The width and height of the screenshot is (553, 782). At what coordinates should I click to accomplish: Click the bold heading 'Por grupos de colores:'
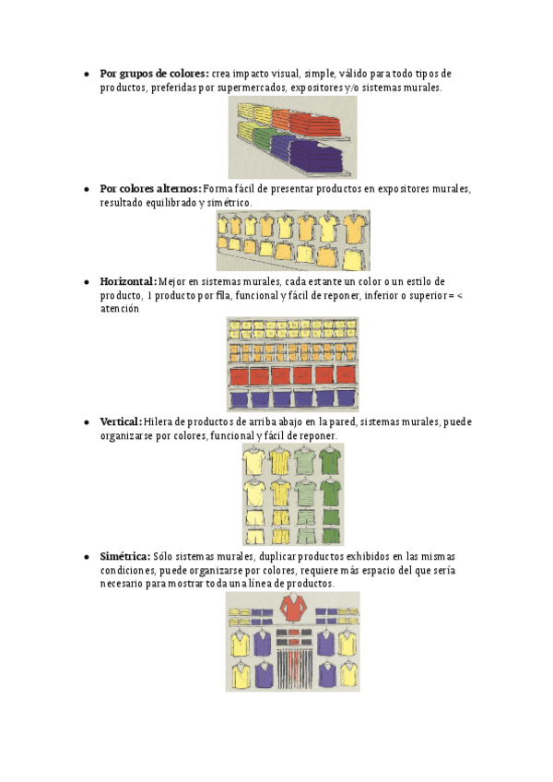coord(154,73)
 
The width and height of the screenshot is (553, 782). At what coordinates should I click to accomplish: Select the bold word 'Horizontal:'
coord(127,280)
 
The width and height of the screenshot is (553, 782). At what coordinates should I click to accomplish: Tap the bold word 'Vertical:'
coord(120,421)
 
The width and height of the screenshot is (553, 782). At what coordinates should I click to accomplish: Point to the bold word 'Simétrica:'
coord(124,557)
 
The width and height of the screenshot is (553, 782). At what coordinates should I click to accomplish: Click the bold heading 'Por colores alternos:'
coord(150,188)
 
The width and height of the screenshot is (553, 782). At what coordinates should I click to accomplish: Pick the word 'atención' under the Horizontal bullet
coord(119,309)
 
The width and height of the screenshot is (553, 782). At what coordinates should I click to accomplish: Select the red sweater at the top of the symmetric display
coord(292,609)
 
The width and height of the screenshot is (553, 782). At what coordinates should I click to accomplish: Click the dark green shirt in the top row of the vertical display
coord(331,458)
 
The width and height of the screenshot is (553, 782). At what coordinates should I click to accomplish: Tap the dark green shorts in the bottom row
coord(331,534)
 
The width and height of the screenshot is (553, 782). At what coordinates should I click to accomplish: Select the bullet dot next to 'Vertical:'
coord(86,421)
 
